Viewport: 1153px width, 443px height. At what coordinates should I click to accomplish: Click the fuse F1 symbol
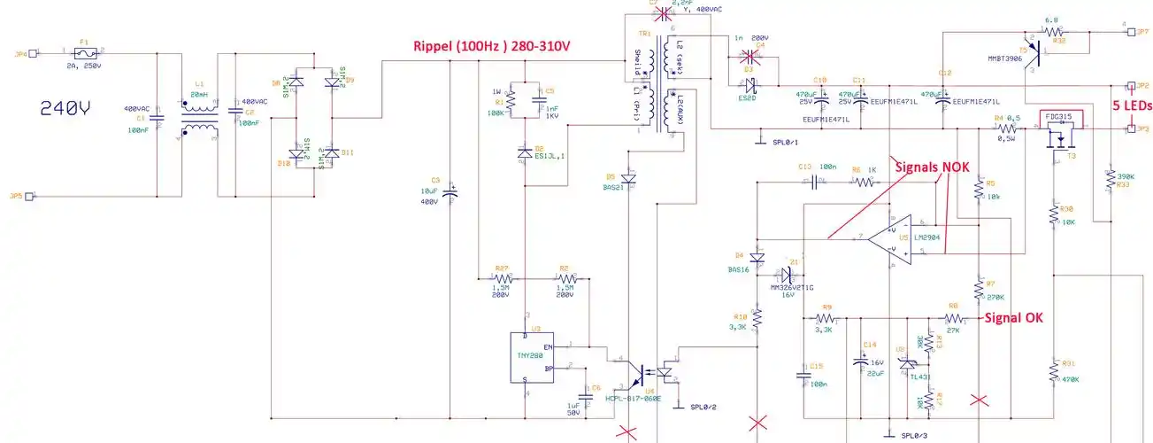(84, 52)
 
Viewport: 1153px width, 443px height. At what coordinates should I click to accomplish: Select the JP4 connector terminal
(33, 52)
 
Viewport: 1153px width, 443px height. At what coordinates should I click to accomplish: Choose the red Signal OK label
(1016, 317)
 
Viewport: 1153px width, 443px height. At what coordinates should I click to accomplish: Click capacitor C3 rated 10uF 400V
(450, 191)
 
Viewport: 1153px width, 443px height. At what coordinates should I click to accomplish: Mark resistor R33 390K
(1110, 180)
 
